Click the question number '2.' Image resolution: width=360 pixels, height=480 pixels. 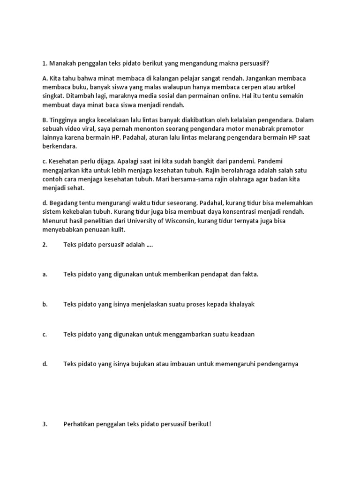(x=45, y=244)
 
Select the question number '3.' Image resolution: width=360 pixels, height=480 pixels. (x=45, y=424)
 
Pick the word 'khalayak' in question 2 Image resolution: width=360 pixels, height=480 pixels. (x=240, y=304)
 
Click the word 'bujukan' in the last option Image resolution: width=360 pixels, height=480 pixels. (x=157, y=364)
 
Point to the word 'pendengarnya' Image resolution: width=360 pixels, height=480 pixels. (x=276, y=364)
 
